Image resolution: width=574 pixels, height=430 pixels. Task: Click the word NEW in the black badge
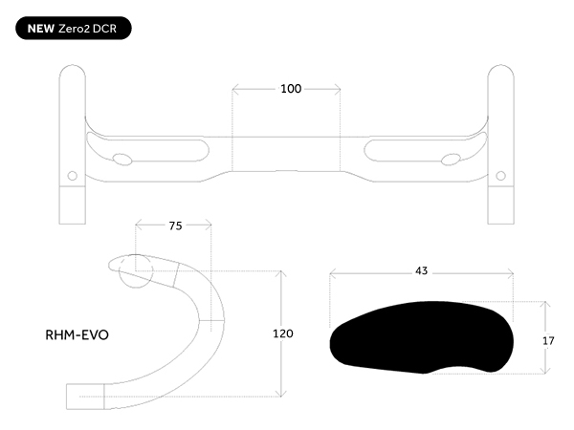(x=40, y=29)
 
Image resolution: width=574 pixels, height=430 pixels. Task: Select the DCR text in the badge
(x=104, y=29)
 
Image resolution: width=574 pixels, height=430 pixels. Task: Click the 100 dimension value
(x=291, y=89)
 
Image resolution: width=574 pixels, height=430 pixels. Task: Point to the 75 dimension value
(x=175, y=226)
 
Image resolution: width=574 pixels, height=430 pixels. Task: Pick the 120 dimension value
(x=283, y=333)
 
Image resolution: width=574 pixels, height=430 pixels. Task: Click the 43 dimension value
(x=421, y=271)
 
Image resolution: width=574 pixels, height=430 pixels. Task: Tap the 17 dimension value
(x=548, y=341)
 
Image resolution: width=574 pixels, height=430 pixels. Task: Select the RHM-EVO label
(x=77, y=335)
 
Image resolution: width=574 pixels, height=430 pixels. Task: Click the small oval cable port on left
(x=122, y=160)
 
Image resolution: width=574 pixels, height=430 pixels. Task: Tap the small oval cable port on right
(x=451, y=160)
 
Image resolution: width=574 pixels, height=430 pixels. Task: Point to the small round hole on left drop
(x=73, y=176)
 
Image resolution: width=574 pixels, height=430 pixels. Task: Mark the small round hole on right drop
(x=500, y=176)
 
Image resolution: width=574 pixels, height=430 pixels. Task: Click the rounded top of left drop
(x=73, y=66)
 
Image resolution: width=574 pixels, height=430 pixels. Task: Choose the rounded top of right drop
(x=500, y=66)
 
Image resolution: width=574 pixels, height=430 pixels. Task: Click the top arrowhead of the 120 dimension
(x=280, y=273)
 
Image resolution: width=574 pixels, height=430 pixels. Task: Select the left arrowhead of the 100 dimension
(x=235, y=89)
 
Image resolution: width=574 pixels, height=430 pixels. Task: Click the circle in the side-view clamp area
(x=136, y=271)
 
